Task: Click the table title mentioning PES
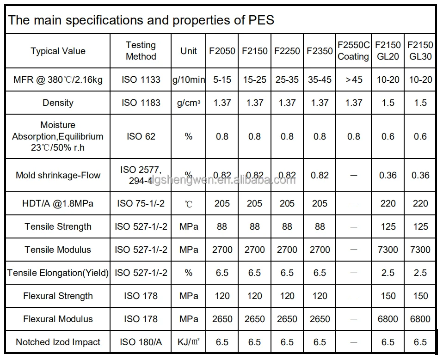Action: [142, 20]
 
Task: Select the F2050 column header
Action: [222, 51]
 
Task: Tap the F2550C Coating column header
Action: [353, 51]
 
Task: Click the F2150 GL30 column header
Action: [420, 51]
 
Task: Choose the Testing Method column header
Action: [141, 51]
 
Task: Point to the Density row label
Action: [58, 103]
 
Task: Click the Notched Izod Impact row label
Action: [58, 342]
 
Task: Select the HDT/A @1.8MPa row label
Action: [58, 203]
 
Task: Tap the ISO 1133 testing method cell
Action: [141, 79]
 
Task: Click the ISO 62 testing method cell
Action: [141, 136]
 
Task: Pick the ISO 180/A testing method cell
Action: [141, 342]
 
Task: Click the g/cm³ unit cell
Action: [189, 103]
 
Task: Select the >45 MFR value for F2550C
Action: [354, 79]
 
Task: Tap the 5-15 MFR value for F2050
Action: [222, 79]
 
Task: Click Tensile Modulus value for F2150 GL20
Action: [388, 250]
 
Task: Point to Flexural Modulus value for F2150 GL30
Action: [420, 319]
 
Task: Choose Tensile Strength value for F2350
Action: [320, 226]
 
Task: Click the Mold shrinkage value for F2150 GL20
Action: [388, 175]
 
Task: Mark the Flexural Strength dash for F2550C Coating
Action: [354, 296]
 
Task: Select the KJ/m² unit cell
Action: [189, 342]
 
